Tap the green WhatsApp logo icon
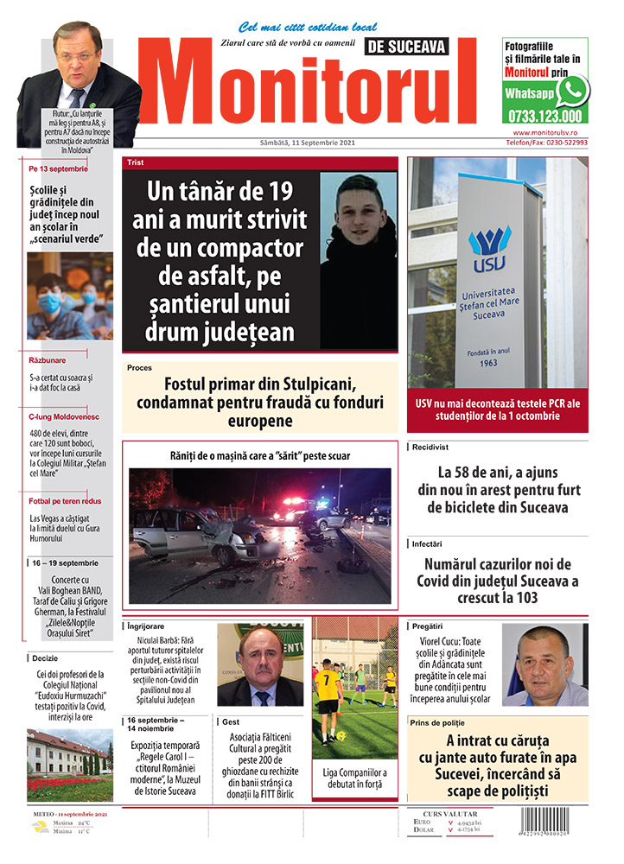coord(572,91)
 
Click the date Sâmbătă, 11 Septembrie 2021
coord(308,143)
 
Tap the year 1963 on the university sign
coord(488,363)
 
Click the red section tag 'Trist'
coord(136,162)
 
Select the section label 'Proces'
coord(139,368)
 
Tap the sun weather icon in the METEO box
coord(40,827)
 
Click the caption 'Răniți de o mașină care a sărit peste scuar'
coord(259,454)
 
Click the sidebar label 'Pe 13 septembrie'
coord(58,168)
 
